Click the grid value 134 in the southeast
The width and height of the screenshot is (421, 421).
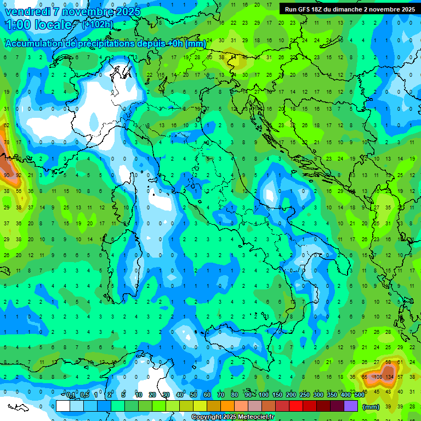[x=389, y=377]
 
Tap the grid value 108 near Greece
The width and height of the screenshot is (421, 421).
[x=377, y=377]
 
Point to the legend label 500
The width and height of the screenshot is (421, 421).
[x=359, y=395]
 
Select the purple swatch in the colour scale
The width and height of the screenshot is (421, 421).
[x=351, y=406]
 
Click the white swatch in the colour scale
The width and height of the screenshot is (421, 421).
[x=63, y=406]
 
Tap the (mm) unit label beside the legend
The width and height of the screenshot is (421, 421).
[x=371, y=407]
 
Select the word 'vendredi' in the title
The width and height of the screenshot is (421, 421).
[x=27, y=12]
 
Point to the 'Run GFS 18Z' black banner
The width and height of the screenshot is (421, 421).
[x=349, y=9]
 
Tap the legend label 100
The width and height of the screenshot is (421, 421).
[x=264, y=395]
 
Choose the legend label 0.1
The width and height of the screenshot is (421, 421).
[x=71, y=395]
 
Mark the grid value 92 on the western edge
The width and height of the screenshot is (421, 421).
[x=18, y=175]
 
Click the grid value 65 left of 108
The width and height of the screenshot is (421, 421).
[x=365, y=377]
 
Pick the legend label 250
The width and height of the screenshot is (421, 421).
[x=304, y=395]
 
